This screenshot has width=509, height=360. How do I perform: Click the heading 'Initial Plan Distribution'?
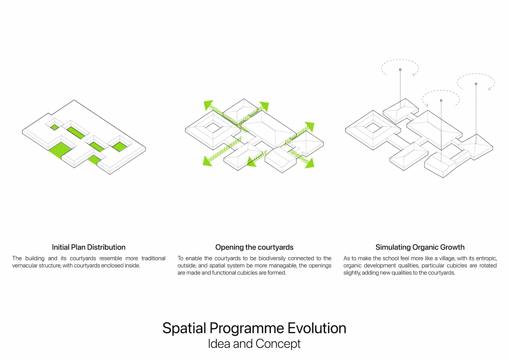click(x=89, y=247)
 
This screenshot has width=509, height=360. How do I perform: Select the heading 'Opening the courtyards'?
click(x=254, y=247)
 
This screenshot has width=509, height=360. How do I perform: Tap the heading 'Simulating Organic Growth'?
click(x=420, y=247)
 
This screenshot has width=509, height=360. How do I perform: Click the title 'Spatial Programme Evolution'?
click(x=254, y=328)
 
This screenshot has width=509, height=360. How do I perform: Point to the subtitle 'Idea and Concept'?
click(x=254, y=344)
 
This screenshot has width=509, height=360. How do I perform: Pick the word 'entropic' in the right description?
click(x=486, y=258)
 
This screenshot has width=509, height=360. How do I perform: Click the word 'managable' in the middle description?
click(x=280, y=266)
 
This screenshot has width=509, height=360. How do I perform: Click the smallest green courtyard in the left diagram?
click(x=55, y=127)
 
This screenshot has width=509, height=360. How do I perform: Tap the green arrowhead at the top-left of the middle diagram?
click(x=208, y=105)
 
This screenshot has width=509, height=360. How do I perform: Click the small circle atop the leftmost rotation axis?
click(x=400, y=70)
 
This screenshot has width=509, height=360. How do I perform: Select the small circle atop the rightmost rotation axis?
click(x=476, y=84)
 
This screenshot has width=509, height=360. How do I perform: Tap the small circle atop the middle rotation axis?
click(x=441, y=101)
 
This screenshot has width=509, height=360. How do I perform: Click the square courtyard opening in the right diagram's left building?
click(x=373, y=128)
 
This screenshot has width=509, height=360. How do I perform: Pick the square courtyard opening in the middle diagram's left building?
click(x=213, y=128)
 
